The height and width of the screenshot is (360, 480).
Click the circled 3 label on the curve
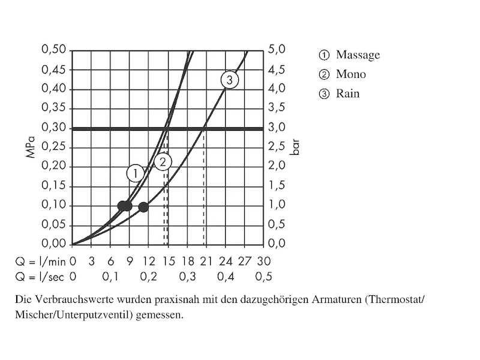[229, 80]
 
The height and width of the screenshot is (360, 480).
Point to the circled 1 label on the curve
[136, 173]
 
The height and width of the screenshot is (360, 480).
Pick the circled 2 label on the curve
[163, 161]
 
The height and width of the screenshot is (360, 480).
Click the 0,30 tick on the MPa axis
[53, 128]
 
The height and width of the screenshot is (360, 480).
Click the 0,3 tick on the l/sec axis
[187, 277]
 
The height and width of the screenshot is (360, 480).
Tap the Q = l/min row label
[40, 261]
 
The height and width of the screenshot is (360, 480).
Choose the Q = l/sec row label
[40, 277]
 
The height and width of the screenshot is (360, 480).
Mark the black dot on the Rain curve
[143, 207]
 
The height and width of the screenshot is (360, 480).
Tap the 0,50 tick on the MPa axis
[53, 50]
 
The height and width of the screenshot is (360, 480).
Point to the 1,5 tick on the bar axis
[276, 186]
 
